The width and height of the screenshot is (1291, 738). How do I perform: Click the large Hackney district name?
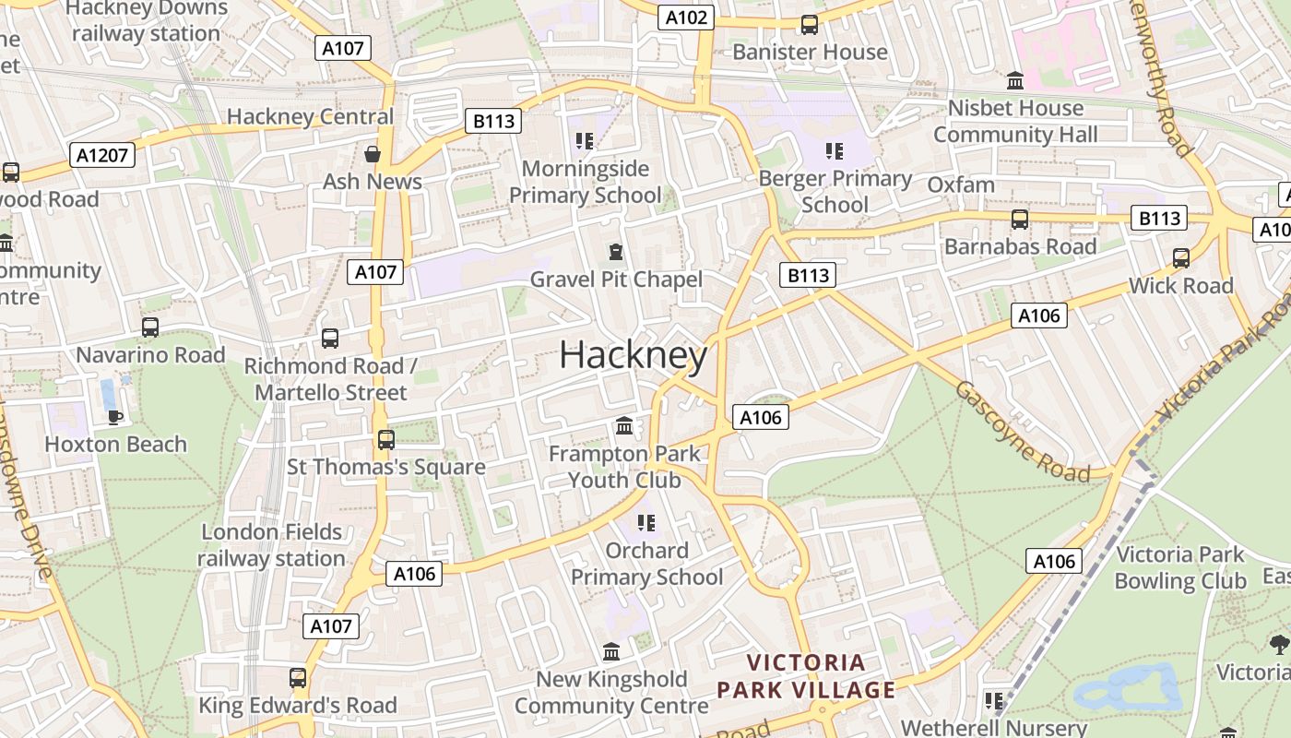pos(634,355)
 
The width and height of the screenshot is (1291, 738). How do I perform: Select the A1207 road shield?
pos(102,155)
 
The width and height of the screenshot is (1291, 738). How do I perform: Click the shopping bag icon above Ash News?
pos(373,153)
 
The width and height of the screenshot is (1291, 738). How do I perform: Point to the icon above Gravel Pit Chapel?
pos(616,251)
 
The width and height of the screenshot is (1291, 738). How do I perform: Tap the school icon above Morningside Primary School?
pos(584,140)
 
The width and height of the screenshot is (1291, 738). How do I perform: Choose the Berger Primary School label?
pos(835,191)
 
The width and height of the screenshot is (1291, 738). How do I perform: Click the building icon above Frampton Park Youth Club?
pos(624,425)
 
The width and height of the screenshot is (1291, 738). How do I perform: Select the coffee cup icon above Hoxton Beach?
pos(115,416)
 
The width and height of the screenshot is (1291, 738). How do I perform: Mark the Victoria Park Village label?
pos(806,676)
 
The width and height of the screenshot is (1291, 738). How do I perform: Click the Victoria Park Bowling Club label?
pos(1180,567)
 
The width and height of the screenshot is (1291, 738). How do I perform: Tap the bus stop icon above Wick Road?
pos(1181,257)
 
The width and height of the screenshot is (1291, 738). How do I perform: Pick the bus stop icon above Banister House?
pos(810,24)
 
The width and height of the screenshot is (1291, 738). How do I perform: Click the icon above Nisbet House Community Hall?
pos(1015,80)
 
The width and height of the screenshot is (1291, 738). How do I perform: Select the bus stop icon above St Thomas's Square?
pos(386,439)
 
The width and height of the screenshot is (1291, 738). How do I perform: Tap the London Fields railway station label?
pos(271,545)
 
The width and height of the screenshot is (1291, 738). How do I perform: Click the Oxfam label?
pos(961,184)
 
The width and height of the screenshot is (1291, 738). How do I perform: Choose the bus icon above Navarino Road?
pos(150,327)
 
